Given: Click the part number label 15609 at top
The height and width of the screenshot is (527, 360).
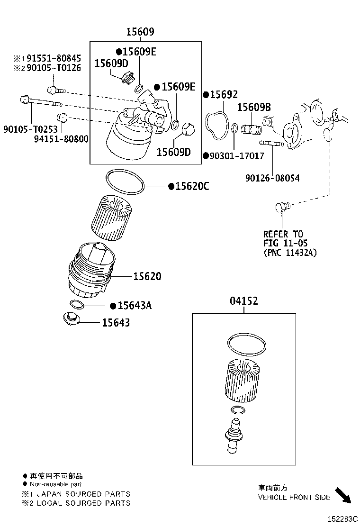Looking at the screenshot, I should (140, 32).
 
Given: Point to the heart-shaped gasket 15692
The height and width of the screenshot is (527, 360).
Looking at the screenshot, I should (216, 126).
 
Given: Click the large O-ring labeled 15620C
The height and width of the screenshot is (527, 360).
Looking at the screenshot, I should (125, 182).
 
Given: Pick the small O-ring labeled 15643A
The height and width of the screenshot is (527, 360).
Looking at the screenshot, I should (77, 304).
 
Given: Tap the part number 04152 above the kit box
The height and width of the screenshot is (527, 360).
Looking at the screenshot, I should (244, 301).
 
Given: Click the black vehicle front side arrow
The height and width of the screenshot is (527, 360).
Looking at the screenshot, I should (343, 494).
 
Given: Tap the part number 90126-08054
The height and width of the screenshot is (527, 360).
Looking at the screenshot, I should (272, 178).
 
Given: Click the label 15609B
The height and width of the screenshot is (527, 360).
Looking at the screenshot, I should (254, 108).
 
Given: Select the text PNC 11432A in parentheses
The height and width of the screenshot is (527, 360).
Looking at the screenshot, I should (290, 253).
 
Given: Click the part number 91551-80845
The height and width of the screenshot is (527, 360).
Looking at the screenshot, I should (53, 58).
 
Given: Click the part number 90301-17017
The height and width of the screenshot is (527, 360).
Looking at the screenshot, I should (236, 155).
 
